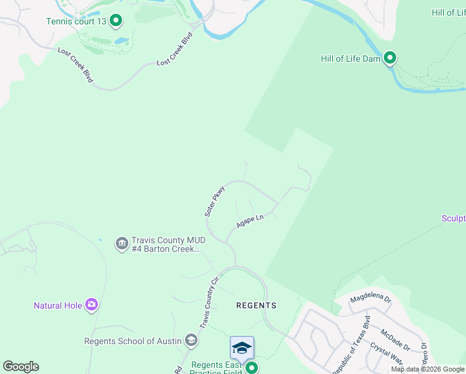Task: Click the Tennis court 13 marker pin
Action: point(115,21)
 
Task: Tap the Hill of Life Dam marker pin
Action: point(390,59)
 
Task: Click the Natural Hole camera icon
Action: point(92,305)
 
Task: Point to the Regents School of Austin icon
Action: point(191,340)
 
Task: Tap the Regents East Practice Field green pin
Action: point(251,368)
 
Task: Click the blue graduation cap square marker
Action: point(242,347)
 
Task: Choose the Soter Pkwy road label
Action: point(214,201)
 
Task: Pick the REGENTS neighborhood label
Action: point(256,305)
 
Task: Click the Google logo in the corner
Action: point(21,367)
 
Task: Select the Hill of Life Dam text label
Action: point(350,59)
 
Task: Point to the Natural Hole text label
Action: point(57,305)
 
